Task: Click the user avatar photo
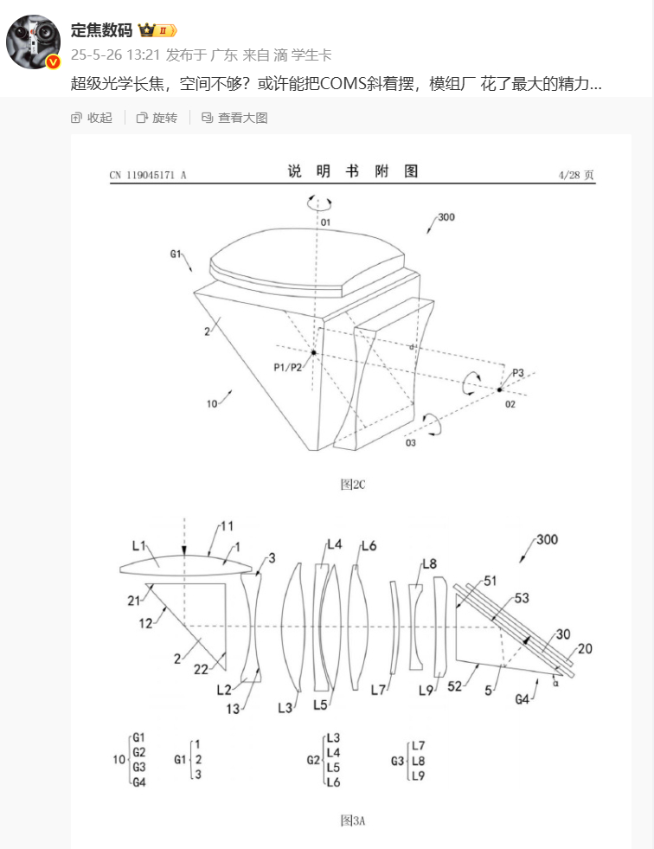(x=33, y=42)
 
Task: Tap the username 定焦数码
(x=101, y=30)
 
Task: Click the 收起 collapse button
(x=92, y=118)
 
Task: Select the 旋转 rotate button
(x=157, y=118)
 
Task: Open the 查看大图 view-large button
(x=234, y=118)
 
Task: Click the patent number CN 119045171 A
(x=148, y=175)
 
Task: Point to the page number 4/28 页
(x=576, y=175)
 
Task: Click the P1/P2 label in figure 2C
(x=287, y=368)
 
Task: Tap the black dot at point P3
(x=499, y=389)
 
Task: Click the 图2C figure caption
(x=352, y=484)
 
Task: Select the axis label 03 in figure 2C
(x=411, y=443)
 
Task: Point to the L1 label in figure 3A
(x=138, y=546)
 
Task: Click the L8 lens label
(x=429, y=564)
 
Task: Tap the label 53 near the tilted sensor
(x=522, y=598)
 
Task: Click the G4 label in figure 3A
(x=522, y=699)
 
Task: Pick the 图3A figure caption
(x=352, y=820)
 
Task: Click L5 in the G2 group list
(x=333, y=768)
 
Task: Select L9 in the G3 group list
(x=418, y=776)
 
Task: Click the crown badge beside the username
(x=157, y=30)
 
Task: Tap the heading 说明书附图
(x=352, y=171)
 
